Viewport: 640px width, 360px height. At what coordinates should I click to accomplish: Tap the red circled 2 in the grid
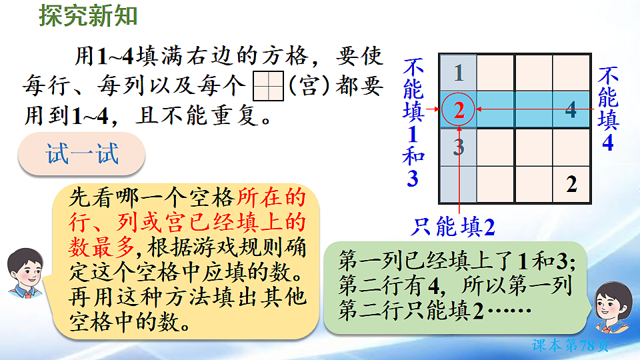[459, 109]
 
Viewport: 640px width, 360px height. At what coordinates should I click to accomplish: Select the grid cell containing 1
[459, 72]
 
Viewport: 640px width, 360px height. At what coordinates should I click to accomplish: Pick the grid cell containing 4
[571, 109]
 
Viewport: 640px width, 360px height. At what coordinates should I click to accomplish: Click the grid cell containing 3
[459, 147]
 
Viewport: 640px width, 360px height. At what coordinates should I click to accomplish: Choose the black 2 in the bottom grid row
[571, 185]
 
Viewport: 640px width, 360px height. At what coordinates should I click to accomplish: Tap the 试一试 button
[83, 155]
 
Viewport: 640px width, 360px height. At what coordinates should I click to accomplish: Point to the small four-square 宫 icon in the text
[269, 86]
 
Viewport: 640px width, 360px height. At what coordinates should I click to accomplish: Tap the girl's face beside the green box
[612, 304]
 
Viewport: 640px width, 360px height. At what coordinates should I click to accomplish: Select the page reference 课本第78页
[571, 345]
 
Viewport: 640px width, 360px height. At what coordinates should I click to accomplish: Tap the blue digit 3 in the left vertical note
[413, 178]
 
